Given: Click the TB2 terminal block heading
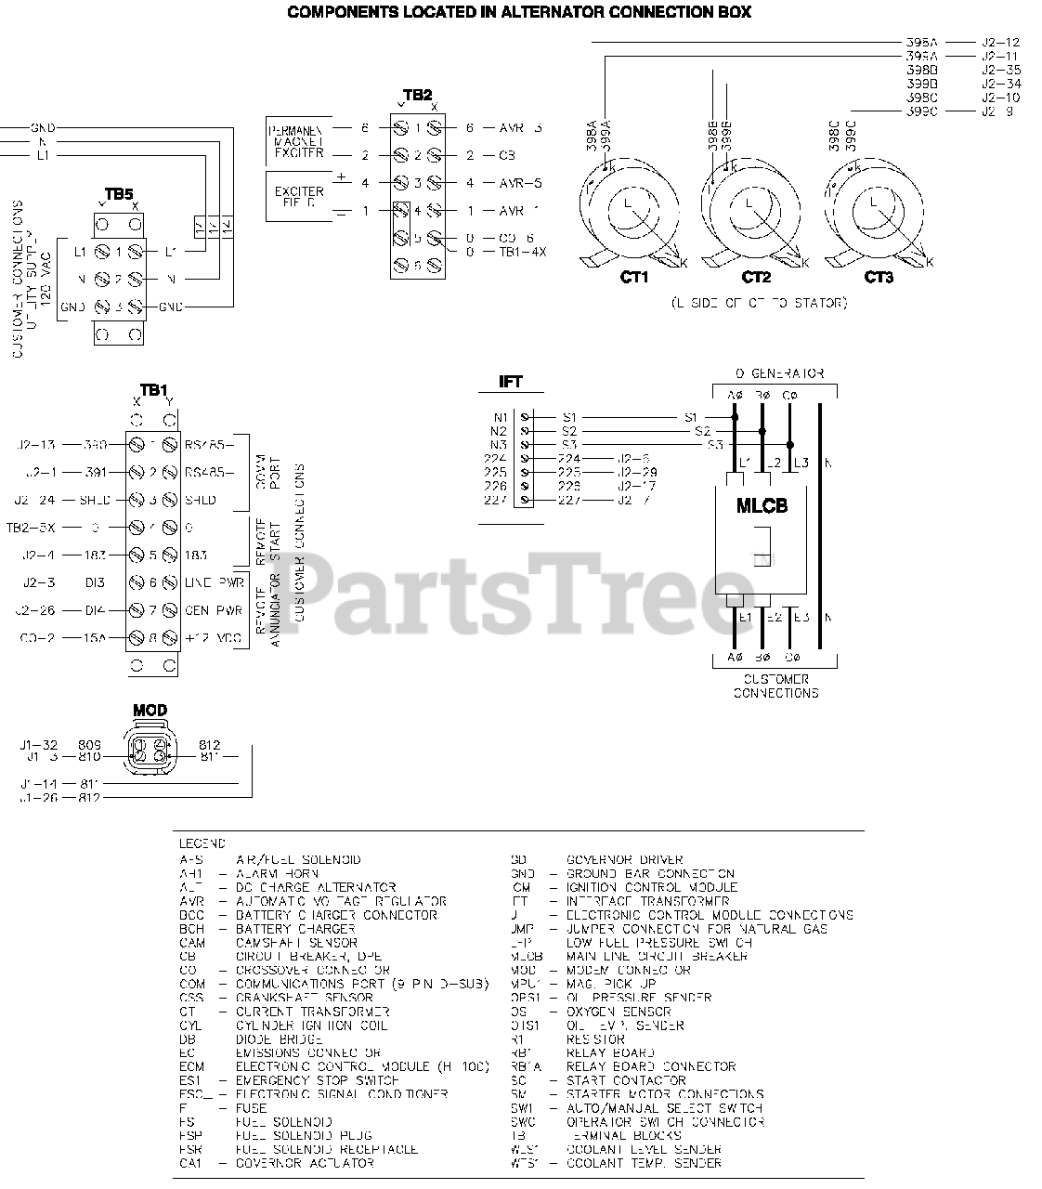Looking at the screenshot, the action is [417, 95].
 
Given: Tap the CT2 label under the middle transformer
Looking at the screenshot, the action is [756, 277].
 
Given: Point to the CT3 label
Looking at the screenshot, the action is [879, 277].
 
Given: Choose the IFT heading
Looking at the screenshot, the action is [511, 382].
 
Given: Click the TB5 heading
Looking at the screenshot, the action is [119, 194].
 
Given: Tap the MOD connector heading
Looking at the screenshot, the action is [150, 711].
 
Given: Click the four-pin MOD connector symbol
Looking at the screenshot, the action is [150, 750].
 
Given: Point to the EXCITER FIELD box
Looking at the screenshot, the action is [299, 196].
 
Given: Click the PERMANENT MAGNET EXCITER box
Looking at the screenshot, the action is [299, 141].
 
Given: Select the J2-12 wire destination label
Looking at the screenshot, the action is [1000, 43].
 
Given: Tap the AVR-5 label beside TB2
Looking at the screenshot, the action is [520, 183].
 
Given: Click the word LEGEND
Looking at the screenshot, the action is [202, 844].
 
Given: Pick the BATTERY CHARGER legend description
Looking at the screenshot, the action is [295, 928].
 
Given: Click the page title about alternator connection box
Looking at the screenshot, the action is [519, 12].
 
